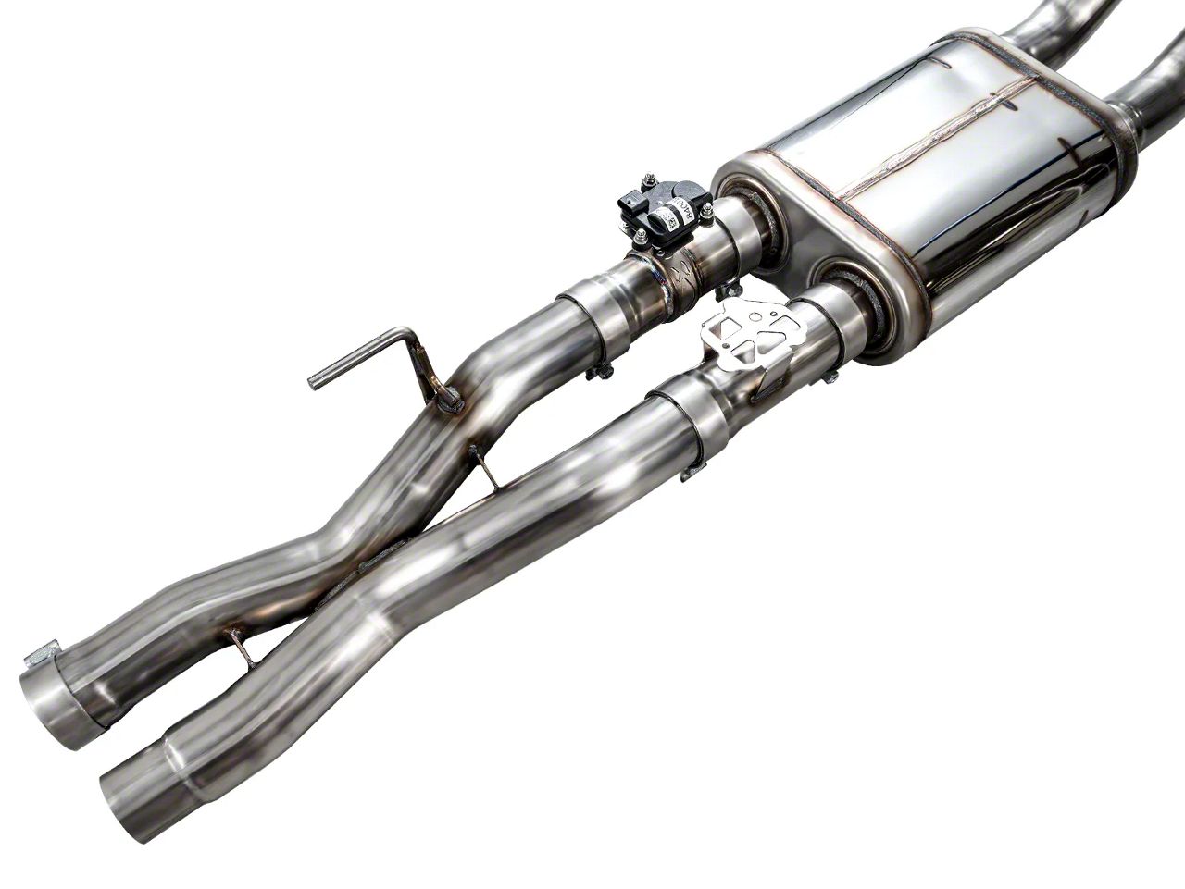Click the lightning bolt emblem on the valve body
click(x=682, y=272)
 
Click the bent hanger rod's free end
click(x=314, y=379)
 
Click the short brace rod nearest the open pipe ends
click(x=243, y=648)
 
